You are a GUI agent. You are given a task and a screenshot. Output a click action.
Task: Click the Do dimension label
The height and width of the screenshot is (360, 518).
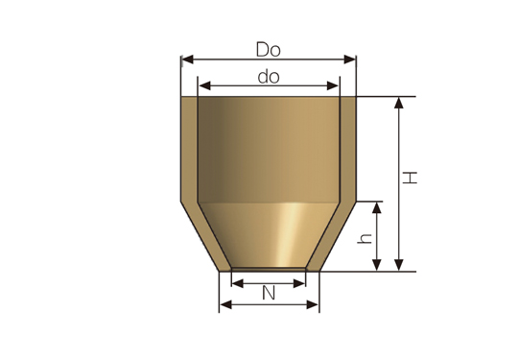click(269, 50)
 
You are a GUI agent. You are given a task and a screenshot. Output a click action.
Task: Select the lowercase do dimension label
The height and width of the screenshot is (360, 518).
click(269, 77)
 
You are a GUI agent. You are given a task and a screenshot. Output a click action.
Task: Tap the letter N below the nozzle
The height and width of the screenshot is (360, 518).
click(269, 293)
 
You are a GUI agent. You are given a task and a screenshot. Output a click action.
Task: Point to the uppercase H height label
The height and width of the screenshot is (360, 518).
click(410, 178)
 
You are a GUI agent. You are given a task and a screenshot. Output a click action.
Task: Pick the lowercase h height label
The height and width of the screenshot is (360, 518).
click(365, 239)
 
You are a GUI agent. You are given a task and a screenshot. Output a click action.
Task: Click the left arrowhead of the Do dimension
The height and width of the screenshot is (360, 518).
click(188, 60)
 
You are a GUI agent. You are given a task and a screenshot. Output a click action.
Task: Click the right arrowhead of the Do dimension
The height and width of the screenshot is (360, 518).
click(349, 60)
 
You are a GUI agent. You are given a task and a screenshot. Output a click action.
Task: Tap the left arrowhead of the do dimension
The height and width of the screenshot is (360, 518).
click(205, 86)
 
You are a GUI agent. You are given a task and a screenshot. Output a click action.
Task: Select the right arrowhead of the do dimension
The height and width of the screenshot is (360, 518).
click(332, 86)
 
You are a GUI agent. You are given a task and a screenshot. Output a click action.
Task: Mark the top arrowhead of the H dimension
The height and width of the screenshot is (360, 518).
click(399, 103)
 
